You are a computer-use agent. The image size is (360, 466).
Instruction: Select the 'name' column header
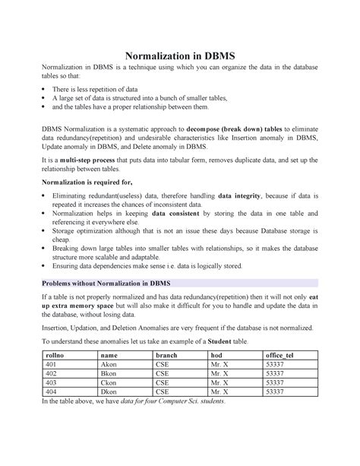(109, 356)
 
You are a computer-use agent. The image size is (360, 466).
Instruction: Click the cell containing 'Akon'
(109, 365)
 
